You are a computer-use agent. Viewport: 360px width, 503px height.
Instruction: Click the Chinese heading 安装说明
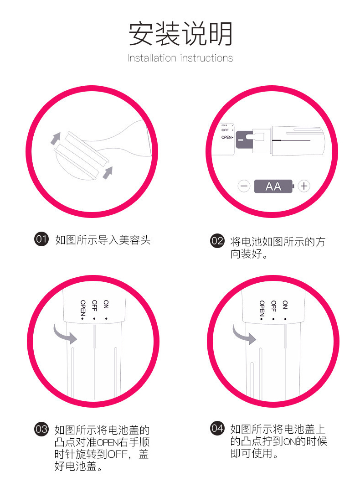point(180,34)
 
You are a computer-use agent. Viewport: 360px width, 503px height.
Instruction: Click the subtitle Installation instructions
point(180,58)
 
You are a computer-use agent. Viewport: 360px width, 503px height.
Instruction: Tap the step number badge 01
point(41,239)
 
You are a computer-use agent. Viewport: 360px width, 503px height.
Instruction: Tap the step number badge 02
point(217,241)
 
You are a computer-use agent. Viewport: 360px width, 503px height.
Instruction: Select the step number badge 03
point(41,429)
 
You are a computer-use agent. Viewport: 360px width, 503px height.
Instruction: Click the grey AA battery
point(274,186)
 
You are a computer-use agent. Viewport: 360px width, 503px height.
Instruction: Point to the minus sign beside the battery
point(244,186)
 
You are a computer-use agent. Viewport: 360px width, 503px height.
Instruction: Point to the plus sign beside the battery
point(304,186)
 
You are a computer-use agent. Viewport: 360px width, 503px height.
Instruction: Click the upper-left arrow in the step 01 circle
point(55,138)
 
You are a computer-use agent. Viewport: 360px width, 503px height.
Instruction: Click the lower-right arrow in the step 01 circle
point(108,172)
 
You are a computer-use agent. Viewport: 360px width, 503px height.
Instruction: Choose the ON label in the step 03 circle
point(106,305)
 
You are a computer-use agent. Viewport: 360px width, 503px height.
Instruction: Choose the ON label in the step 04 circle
point(285,304)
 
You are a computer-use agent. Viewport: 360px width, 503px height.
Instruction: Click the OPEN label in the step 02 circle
point(227,137)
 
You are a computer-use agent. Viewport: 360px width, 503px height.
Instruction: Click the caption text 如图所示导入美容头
point(103,240)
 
